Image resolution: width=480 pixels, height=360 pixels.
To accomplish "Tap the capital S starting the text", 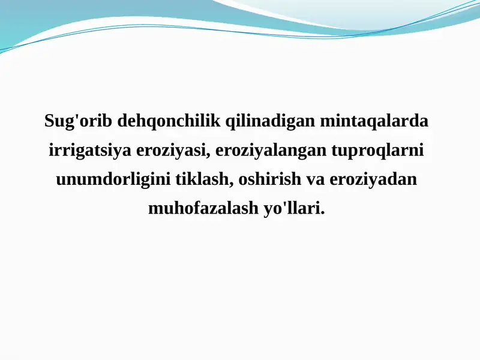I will click(x=49, y=121).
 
